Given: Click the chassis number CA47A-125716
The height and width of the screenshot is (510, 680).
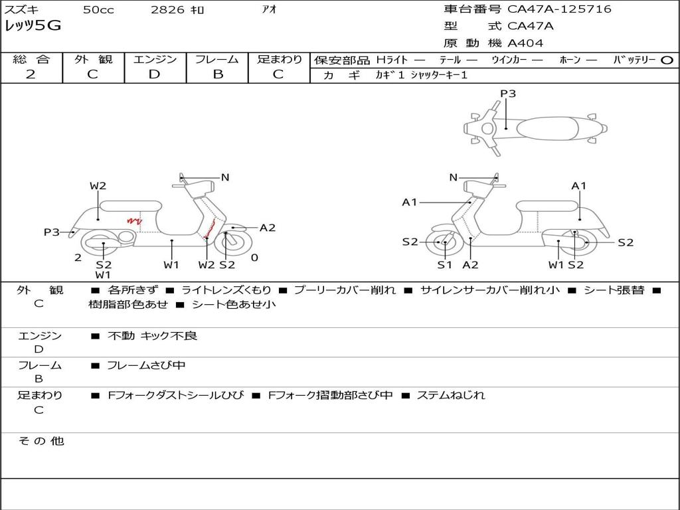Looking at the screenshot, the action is (559, 9).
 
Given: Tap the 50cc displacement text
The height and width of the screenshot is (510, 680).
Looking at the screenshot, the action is (98, 10).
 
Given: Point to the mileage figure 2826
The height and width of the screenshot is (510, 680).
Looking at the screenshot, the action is (167, 10).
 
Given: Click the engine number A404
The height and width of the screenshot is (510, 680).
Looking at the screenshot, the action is (525, 43).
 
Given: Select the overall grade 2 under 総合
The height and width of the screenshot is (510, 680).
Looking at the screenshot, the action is (31, 74).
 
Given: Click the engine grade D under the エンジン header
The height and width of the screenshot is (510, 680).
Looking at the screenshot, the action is (154, 74).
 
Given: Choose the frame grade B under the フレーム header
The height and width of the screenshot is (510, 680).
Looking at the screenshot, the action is (217, 74).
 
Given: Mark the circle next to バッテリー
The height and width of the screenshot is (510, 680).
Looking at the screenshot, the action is (667, 60).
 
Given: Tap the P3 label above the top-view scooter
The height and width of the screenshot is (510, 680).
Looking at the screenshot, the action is (508, 94).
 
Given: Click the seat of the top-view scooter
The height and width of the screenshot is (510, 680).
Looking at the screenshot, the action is (550, 128).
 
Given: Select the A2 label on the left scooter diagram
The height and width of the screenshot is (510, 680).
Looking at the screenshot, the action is (268, 228).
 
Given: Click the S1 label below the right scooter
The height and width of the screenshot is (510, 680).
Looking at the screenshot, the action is (444, 265).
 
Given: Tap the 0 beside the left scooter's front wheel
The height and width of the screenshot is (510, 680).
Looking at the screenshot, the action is (254, 258).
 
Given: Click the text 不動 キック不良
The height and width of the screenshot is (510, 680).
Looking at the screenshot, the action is (153, 336).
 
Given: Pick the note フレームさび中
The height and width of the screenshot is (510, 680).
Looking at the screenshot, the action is (146, 365).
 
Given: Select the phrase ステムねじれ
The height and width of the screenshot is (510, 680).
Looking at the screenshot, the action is (451, 395).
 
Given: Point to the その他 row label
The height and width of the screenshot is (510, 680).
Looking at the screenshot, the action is (41, 441).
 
